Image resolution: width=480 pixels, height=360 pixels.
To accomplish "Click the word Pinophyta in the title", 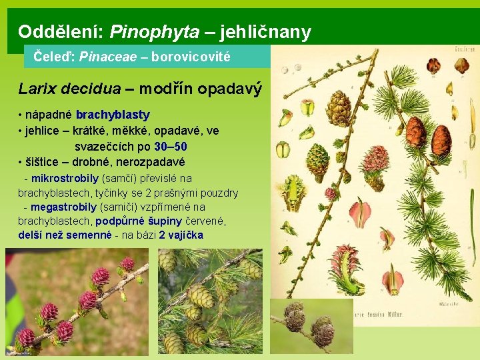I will tap(154, 31).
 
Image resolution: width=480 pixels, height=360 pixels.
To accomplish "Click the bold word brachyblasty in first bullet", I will tap(113, 115).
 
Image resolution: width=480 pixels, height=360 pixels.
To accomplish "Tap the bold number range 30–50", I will tap(170, 147).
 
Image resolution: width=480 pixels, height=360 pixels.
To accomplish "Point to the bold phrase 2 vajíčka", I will tap(181, 235).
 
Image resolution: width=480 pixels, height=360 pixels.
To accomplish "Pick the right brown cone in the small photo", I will tap(323, 329).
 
